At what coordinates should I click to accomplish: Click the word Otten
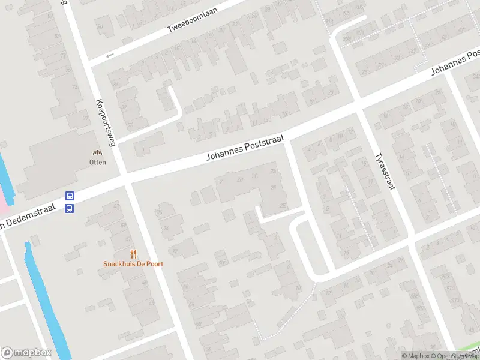coord(97,162)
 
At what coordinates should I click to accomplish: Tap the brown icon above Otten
coord(97,153)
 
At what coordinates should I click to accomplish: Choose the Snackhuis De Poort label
coord(133,263)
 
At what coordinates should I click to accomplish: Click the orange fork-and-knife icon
coord(133,254)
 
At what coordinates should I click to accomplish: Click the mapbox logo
coord(26,352)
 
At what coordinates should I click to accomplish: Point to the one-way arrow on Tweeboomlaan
coord(110,55)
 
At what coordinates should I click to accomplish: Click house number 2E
coord(283,206)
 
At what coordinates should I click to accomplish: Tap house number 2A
coord(274,172)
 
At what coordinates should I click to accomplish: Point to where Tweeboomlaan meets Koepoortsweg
coord(86,62)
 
